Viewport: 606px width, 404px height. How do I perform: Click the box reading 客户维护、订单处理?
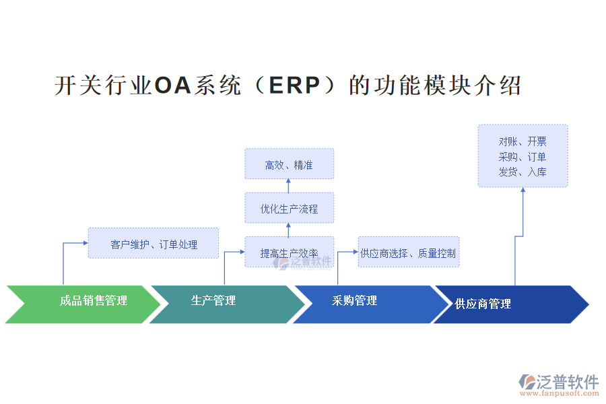coord(154,244)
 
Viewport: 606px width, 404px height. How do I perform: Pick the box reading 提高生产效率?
coord(289,252)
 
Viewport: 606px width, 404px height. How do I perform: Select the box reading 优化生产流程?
coord(289,208)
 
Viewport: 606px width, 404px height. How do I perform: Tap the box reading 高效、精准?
coord(289,164)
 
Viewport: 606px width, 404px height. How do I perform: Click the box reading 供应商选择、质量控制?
coord(408,253)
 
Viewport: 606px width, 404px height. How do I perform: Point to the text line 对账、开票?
coord(523,141)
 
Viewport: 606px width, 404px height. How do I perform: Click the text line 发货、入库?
coord(523,172)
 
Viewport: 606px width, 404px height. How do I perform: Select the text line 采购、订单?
coord(523,157)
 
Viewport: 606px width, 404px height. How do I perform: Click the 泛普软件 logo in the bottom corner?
coord(558,382)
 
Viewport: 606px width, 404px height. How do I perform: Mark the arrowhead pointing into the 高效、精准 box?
coord(288,182)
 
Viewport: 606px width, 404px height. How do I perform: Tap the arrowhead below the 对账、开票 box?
coord(523,190)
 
